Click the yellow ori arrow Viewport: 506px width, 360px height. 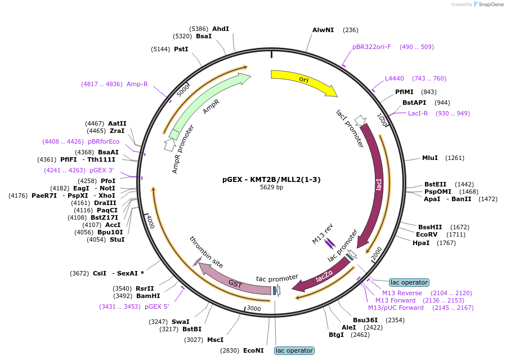click(303, 80)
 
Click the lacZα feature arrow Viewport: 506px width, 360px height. click(323, 276)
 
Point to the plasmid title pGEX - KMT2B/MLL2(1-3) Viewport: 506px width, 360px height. click(271, 180)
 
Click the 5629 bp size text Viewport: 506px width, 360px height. click(271, 187)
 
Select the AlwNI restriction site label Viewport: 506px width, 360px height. click(323, 30)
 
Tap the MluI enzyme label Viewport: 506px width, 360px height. click(430, 158)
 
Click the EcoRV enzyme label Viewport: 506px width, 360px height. click(427, 234)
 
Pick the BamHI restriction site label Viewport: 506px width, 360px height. click(148, 296)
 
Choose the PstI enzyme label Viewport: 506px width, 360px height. click(181, 49)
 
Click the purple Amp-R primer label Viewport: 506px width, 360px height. click(137, 85)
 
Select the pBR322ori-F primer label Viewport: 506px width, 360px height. click(371, 47)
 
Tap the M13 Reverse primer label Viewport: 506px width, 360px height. click(402, 293)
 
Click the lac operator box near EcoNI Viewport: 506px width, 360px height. click(294, 350)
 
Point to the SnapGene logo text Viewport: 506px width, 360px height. click(491, 4)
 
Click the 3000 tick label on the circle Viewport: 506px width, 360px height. click(254, 309)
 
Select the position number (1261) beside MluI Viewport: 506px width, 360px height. click(455, 158)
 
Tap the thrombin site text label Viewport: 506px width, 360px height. click(206, 252)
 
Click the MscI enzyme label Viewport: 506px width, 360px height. click(215, 340)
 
